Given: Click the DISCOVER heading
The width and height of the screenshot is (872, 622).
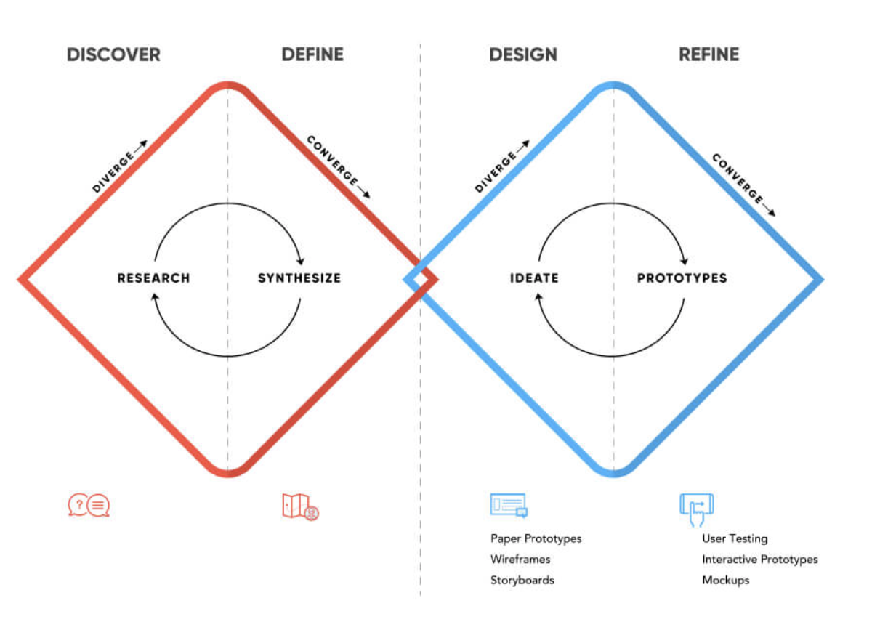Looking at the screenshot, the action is pos(113,54).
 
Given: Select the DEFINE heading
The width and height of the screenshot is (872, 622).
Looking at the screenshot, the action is pos(312,54).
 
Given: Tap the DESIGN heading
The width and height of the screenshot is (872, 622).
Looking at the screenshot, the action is pos(523,54).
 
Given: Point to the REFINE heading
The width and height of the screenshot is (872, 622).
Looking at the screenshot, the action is pos(708,54).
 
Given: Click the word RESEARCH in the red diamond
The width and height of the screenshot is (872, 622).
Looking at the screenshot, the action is pos(153,278).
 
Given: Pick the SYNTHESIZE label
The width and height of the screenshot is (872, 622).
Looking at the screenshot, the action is pos(299,278).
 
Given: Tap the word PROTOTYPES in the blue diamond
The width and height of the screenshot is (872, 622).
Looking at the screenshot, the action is pos(682,278).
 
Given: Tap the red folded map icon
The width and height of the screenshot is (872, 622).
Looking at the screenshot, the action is pos(300,506).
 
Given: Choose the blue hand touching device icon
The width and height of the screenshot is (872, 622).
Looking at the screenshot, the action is pos(696,509).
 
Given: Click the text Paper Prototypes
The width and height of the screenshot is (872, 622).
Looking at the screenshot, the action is pos(536,538).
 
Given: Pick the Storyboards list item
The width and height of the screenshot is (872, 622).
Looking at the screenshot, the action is pos(522,580).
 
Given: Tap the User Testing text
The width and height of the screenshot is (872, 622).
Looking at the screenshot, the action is pos(734,538).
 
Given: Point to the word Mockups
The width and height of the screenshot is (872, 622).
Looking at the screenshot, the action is pos(725,580).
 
